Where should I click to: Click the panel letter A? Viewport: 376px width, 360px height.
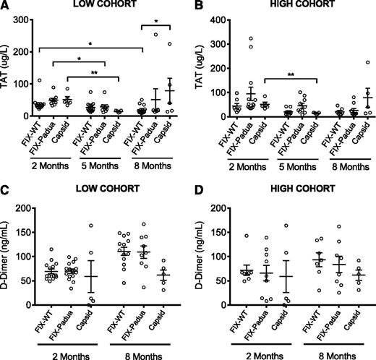[7, 7]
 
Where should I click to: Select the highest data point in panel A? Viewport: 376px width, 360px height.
[155, 35]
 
